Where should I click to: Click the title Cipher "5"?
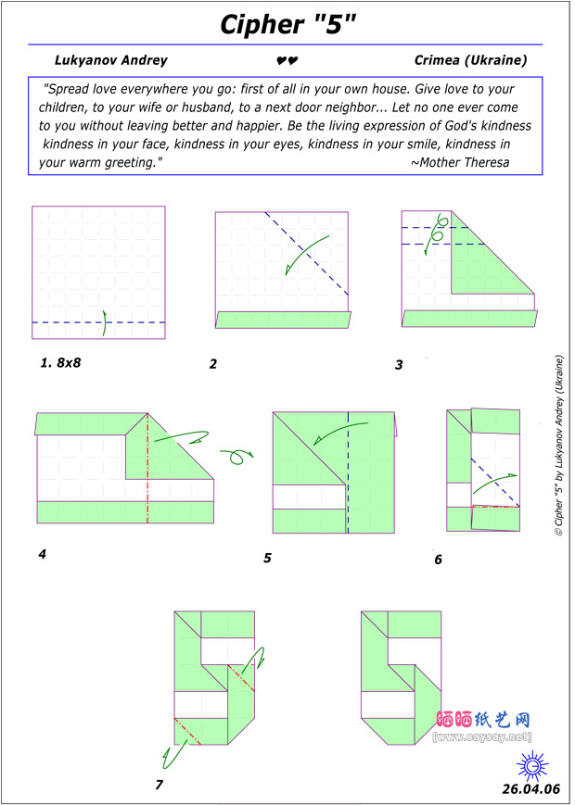click(x=287, y=24)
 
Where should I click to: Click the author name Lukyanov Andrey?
click(x=111, y=60)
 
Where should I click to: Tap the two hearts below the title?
click(x=287, y=61)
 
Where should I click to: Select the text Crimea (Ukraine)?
click(x=471, y=60)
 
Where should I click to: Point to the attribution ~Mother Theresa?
click(x=459, y=162)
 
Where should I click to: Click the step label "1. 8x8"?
click(x=60, y=362)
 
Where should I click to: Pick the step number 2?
click(x=213, y=364)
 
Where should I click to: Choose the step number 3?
click(x=399, y=365)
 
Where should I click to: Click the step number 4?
click(x=42, y=555)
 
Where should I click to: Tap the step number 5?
click(x=267, y=558)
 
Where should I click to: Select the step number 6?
click(x=438, y=560)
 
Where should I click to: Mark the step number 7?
click(x=160, y=786)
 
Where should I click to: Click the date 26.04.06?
click(x=531, y=789)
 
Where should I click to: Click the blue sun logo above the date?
click(x=531, y=765)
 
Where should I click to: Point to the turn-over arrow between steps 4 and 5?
click(x=236, y=455)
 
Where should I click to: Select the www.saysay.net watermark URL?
click(x=481, y=736)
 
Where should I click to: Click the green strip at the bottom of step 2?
click(x=284, y=320)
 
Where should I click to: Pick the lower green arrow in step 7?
click(x=171, y=755)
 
